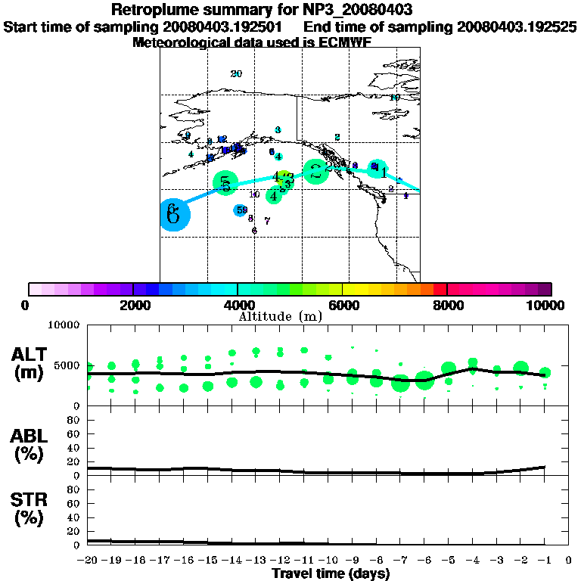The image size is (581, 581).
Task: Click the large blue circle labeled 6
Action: tap(174, 214)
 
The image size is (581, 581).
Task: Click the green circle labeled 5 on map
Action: tap(225, 182)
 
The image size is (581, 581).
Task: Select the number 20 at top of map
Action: tap(236, 74)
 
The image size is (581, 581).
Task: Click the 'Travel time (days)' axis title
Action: tap(331, 574)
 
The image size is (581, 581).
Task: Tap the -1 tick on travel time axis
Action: tap(545, 561)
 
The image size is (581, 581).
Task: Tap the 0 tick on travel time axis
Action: tap(569, 561)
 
